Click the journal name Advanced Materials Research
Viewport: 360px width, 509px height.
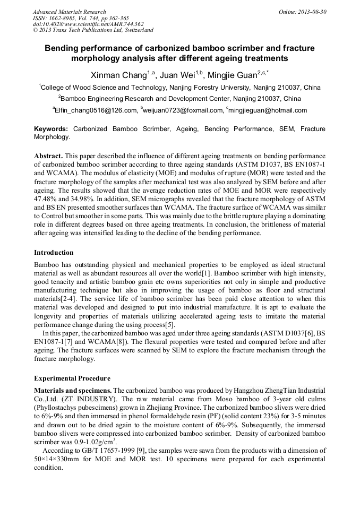point(69,12)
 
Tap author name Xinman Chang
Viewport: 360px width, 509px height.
point(120,74)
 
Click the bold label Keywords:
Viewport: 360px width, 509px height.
point(51,129)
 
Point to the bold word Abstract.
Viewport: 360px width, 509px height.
point(49,156)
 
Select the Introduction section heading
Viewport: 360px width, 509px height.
point(54,252)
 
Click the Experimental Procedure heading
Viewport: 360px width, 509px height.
point(72,378)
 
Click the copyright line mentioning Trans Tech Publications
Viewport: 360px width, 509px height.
point(93,31)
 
